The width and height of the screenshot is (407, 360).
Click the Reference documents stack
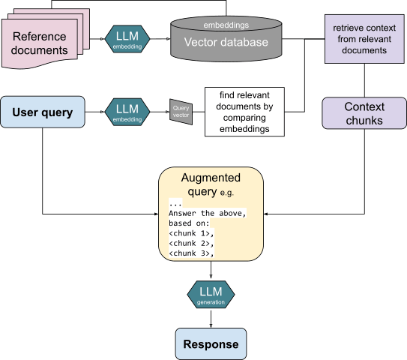tap(46, 38)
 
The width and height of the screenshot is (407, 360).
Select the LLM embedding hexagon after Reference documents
tap(127, 39)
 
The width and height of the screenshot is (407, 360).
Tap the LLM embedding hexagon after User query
tap(127, 112)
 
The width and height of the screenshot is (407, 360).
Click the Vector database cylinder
tap(226, 39)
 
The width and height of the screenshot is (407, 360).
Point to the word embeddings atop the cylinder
tap(226, 25)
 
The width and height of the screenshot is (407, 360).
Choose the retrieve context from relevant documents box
tap(364, 39)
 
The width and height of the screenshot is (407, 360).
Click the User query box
tap(43, 112)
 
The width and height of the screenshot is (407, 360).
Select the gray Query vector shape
tap(181, 112)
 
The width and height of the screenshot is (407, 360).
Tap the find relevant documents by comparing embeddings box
tap(244, 112)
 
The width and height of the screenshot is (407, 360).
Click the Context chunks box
tap(364, 113)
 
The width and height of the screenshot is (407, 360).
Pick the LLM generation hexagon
tap(211, 294)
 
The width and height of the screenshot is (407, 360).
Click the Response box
tap(211, 344)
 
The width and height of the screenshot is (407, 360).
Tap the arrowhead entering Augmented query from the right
tap(265, 214)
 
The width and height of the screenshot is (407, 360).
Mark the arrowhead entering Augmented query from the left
tap(156, 214)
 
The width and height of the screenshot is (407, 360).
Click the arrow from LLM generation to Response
tap(211, 318)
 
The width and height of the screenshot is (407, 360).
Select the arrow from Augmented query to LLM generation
tap(211, 270)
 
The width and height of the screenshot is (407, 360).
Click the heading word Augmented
tap(211, 178)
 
